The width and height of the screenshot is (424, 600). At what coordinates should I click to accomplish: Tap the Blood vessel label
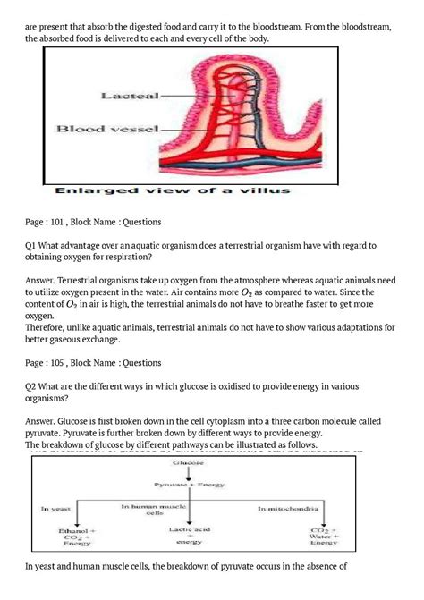coord(107,129)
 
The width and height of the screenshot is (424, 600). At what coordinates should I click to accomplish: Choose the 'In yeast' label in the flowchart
coord(56,508)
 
